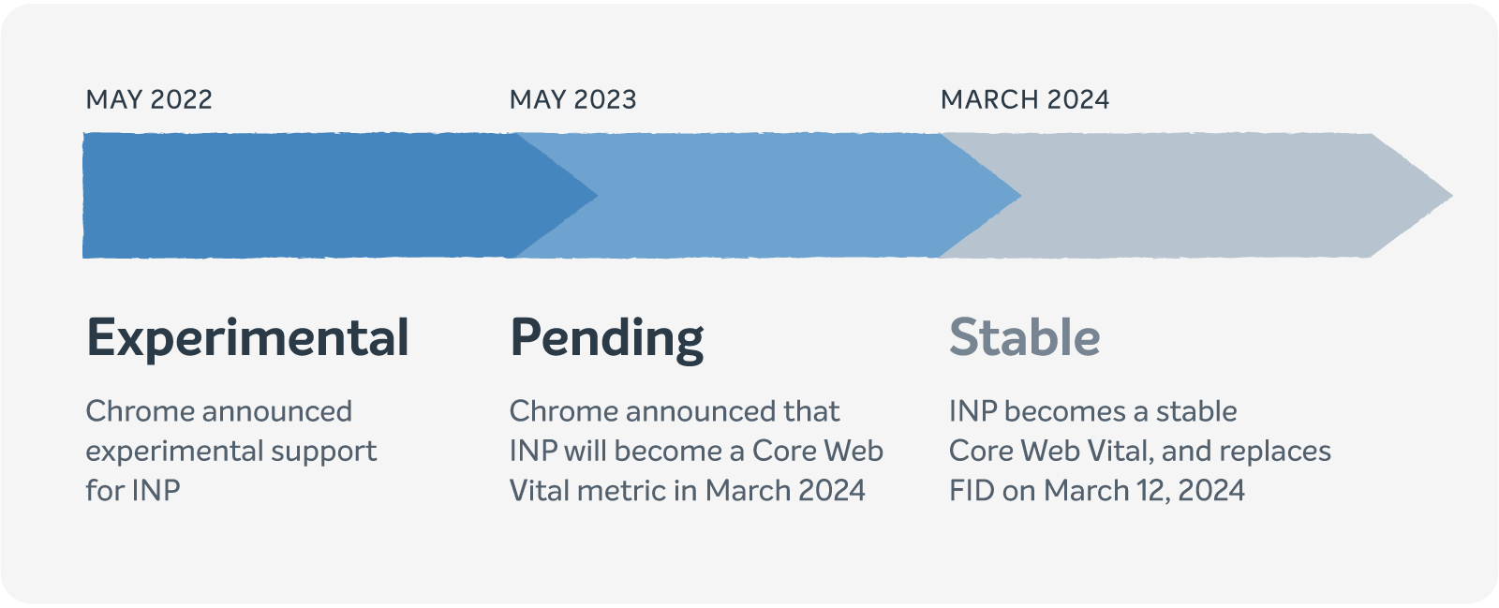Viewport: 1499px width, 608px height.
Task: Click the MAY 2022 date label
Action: (149, 99)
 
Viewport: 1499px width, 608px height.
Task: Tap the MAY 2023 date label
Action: (572, 99)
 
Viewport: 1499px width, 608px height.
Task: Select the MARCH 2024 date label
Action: (1025, 99)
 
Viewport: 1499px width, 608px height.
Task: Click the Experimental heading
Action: (247, 338)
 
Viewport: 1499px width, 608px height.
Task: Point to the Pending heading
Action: (606, 338)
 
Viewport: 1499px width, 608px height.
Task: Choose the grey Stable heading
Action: (1024, 337)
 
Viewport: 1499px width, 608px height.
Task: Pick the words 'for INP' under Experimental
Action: (133, 490)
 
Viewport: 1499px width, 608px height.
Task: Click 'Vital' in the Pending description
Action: (536, 490)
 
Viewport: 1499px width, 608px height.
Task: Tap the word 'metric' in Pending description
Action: (618, 490)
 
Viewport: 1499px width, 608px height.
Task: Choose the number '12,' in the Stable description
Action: (1153, 490)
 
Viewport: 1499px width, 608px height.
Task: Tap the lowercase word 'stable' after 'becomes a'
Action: (1196, 411)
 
